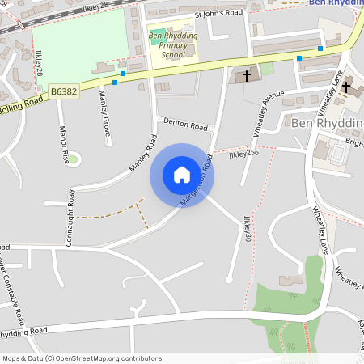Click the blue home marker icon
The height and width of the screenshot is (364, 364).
[182, 174]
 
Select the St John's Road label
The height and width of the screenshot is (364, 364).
[220, 13]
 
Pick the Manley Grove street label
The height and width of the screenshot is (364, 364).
[104, 112]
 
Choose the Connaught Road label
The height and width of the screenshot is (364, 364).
[71, 217]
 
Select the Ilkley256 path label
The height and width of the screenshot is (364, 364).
[243, 153]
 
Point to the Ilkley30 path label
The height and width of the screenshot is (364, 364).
[248, 228]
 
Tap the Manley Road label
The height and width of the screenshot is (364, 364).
[142, 158]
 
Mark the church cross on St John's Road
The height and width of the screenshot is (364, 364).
[247, 77]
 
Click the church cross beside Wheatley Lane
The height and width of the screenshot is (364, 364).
[345, 86]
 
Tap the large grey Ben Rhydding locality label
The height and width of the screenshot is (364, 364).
[327, 122]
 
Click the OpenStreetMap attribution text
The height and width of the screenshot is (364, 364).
[82, 358]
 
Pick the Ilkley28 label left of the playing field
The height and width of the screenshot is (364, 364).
[39, 63]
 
